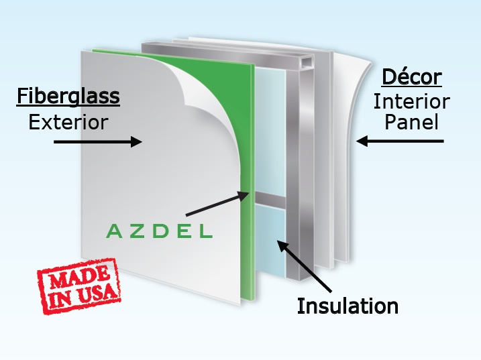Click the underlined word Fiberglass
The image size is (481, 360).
click(x=68, y=97)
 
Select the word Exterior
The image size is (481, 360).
click(x=68, y=123)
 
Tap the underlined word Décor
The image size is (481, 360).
click(x=412, y=77)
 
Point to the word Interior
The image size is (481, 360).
click(x=411, y=101)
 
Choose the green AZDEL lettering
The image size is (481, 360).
click(x=159, y=232)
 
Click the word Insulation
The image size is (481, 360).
click(x=348, y=306)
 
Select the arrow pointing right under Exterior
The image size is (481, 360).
click(x=97, y=141)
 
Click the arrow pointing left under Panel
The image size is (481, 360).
click(x=400, y=141)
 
